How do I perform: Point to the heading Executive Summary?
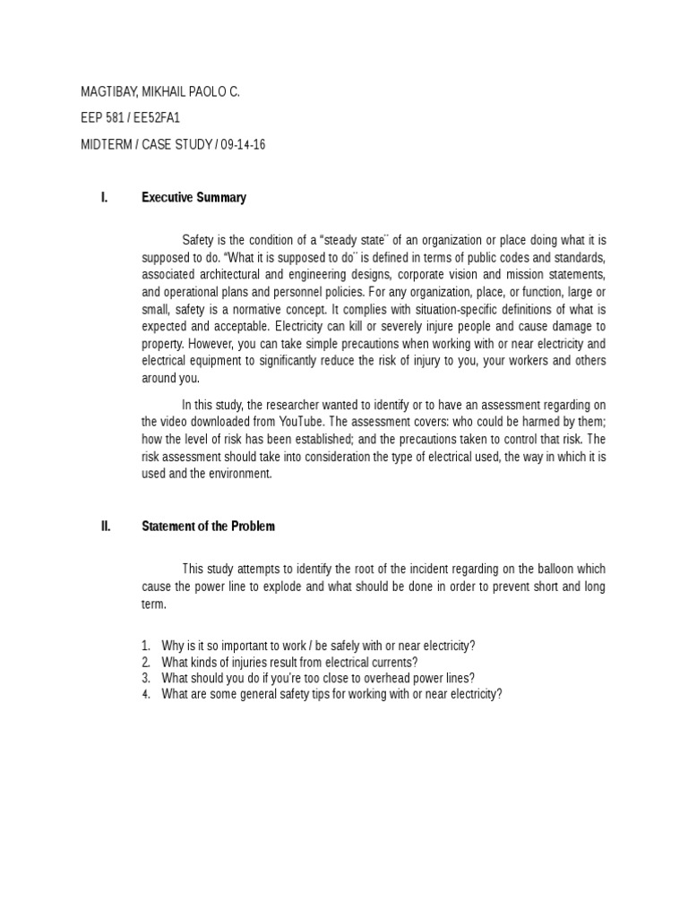pyautogui.click(x=193, y=198)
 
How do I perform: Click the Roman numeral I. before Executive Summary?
pyautogui.click(x=105, y=198)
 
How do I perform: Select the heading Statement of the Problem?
pyautogui.click(x=208, y=527)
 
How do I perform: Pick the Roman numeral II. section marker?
pyautogui.click(x=106, y=527)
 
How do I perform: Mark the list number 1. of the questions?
pyautogui.click(x=146, y=646)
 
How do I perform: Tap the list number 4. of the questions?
pyautogui.click(x=146, y=694)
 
